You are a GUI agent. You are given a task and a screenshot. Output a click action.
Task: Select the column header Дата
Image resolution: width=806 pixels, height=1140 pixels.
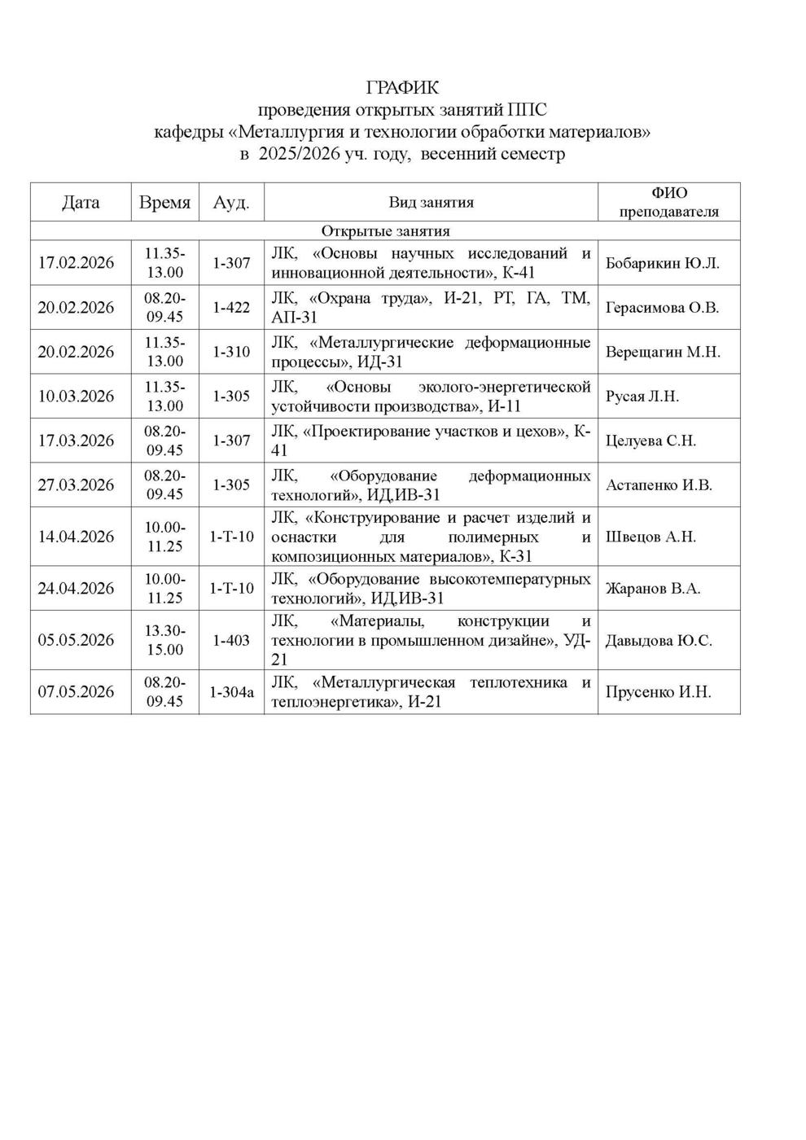81,203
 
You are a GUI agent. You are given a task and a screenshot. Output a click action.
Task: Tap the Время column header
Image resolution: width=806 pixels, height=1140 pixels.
164,203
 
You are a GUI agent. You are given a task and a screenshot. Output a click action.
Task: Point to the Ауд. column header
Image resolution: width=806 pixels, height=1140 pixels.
231,203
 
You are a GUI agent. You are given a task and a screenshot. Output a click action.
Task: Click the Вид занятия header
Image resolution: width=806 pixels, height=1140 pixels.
431,203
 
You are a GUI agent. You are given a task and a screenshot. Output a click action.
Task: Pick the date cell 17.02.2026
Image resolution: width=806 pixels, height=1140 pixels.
77,263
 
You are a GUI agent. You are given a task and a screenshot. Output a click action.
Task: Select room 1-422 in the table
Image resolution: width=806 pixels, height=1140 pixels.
231,308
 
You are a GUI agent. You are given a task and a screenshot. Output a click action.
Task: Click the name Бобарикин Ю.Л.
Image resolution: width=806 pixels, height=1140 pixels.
663,264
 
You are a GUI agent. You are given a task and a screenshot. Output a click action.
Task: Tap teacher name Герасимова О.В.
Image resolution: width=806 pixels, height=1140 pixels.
663,308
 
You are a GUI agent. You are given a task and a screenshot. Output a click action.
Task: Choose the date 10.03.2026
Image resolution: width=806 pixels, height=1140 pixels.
77,397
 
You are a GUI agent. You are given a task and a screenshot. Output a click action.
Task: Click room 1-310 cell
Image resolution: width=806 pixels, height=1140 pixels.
231,352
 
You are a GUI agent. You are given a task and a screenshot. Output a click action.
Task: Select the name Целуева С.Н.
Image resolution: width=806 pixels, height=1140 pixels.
650,441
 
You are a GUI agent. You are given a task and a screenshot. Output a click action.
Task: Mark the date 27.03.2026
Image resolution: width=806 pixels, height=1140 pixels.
77,485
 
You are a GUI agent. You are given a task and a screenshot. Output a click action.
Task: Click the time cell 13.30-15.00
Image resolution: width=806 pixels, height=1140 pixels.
164,640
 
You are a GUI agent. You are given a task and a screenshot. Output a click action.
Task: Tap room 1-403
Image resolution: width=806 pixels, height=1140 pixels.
231,641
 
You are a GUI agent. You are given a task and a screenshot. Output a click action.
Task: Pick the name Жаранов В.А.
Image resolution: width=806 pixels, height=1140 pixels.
653,589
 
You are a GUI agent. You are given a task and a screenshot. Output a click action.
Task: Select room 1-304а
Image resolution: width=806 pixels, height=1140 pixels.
231,692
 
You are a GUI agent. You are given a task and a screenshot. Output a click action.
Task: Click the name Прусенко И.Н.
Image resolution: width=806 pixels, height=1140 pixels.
659,692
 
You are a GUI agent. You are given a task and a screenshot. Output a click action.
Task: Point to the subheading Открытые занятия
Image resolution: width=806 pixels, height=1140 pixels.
386,231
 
